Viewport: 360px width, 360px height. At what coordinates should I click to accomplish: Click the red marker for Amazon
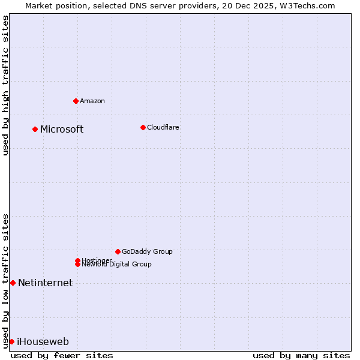point(76,101)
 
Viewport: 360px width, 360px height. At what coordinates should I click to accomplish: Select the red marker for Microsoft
point(35,129)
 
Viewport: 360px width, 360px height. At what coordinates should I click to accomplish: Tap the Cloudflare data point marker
point(143,127)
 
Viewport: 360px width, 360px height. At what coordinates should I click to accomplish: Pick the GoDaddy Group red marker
point(118,251)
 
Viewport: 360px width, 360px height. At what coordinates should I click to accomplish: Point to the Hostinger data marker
point(77,260)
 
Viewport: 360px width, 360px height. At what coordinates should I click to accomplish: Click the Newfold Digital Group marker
point(77,265)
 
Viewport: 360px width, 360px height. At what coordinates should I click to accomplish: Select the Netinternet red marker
point(13,283)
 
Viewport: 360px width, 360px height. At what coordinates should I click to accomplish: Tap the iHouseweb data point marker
point(11,341)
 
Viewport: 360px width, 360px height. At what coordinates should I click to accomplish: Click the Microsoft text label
point(62,130)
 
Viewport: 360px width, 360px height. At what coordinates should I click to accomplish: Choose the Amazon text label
point(92,101)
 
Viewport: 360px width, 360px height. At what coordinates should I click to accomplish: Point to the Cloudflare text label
point(163,127)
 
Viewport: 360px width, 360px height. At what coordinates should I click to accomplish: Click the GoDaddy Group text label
point(147,251)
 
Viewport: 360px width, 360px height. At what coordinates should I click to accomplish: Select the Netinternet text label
point(45,283)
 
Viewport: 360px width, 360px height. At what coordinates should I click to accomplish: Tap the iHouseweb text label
point(43,342)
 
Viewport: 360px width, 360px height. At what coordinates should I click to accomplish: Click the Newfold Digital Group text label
point(116,265)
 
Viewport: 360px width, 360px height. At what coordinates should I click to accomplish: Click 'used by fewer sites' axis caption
point(62,355)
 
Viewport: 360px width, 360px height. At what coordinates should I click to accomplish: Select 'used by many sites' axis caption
point(301,355)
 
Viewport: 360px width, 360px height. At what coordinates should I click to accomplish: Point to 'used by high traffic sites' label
point(5,85)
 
